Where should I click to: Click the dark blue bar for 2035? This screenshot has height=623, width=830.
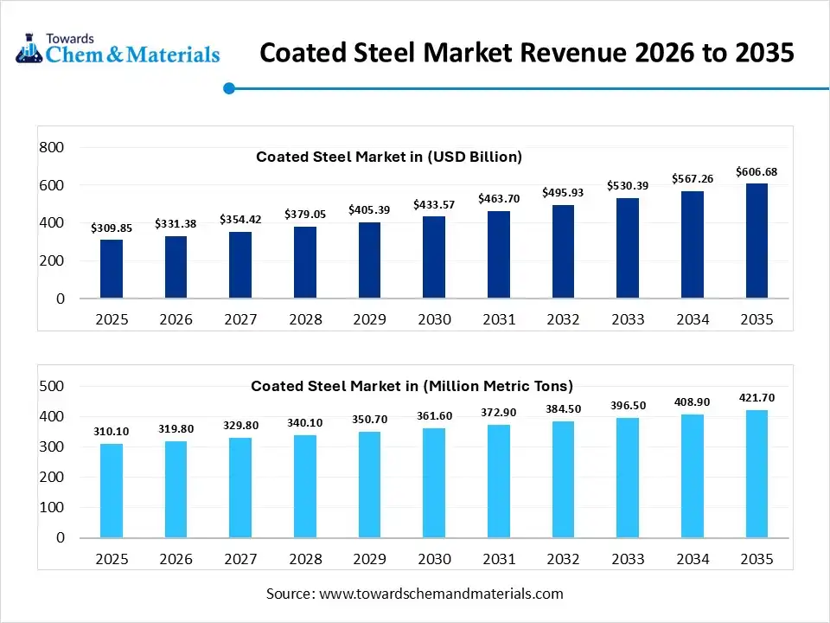pos(756,241)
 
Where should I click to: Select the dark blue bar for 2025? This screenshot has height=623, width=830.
pos(112,269)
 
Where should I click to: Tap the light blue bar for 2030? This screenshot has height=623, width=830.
pos(434,483)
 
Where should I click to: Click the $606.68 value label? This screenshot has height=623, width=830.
pos(756,172)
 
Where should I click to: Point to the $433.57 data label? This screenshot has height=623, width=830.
pos(434,205)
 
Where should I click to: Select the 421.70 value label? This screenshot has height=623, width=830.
pos(756,398)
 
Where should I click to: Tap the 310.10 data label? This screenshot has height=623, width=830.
pos(112,431)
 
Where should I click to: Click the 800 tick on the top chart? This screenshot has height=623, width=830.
pos(52,148)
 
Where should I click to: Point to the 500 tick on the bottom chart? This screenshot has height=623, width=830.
pos(52,386)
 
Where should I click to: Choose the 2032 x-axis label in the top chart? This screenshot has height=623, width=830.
pos(563,319)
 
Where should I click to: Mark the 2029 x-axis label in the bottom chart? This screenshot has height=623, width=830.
pos(369,558)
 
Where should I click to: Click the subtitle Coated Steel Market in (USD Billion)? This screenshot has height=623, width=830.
pos(389,157)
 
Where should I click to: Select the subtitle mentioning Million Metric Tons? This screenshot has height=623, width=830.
pos(412,386)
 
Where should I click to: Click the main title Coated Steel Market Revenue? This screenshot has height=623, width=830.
pos(527,53)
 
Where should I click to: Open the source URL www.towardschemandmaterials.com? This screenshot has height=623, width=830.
pos(441,594)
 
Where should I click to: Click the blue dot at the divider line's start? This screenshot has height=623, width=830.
pos(229,88)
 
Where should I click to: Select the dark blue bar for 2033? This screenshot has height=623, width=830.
pos(628,248)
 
